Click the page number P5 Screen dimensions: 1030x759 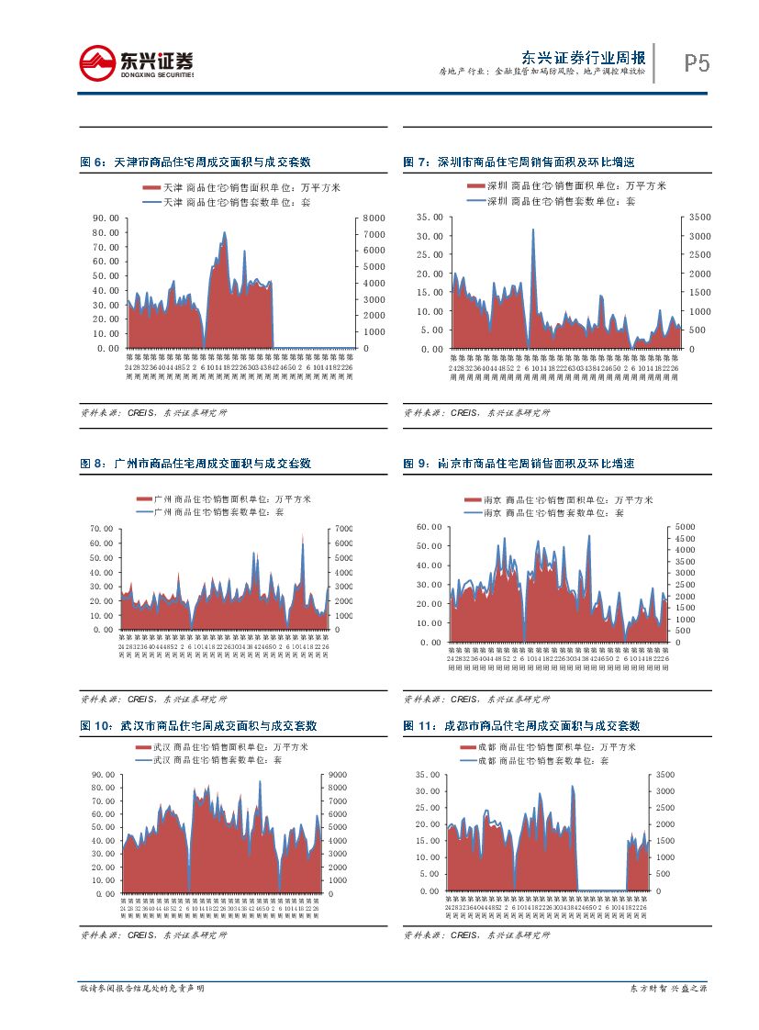(697, 63)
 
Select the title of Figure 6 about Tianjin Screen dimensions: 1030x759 (195, 162)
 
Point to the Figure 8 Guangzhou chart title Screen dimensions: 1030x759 (195, 465)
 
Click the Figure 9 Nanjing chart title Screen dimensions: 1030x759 (519, 465)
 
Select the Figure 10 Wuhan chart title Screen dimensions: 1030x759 (199, 725)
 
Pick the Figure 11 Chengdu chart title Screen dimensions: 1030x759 (521, 725)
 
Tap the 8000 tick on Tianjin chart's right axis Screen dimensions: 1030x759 (375, 218)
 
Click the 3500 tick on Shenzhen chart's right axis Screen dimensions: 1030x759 (701, 218)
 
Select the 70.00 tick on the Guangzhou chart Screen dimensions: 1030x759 (100, 530)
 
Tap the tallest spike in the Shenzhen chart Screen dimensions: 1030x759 (533, 230)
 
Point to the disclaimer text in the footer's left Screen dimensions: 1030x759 (142, 989)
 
